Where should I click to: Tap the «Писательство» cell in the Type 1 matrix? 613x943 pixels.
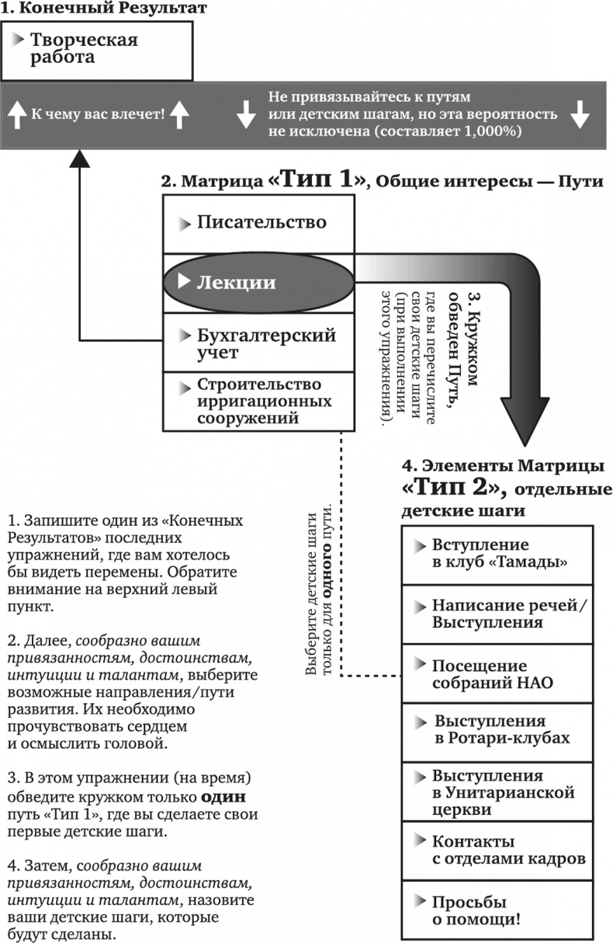[259, 223]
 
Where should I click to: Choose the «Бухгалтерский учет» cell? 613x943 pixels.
[259, 343]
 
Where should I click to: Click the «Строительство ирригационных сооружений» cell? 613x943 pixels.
[259, 401]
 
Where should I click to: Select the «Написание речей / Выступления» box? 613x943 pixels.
[497, 614]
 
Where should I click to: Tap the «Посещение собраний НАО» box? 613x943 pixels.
[497, 674]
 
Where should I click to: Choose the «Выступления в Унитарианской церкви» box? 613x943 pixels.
[497, 792]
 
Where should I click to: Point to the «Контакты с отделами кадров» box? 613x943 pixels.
[497, 851]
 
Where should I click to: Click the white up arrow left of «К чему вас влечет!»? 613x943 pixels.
[16, 115]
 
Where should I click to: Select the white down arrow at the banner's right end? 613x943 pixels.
[580, 115]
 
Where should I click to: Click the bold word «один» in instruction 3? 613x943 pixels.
[224, 798]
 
